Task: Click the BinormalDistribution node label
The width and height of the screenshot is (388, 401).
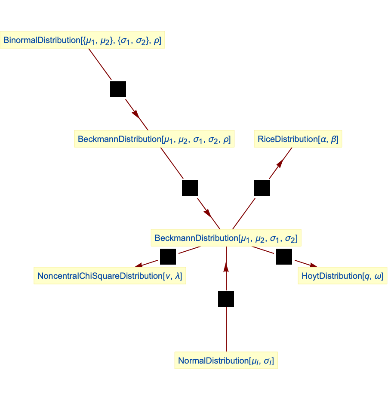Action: (82, 40)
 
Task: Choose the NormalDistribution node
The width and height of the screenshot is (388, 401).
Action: (226, 361)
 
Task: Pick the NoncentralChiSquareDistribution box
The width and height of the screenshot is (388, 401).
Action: (110, 276)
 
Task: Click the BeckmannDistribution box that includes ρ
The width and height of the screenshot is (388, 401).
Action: (154, 139)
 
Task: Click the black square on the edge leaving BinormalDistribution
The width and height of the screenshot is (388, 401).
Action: (118, 89)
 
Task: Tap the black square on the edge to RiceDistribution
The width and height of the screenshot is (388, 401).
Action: (262, 188)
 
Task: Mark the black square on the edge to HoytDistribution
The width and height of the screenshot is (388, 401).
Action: (284, 257)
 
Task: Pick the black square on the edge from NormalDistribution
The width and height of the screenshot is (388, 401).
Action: (226, 299)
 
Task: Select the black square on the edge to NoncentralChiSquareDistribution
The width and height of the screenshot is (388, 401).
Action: (168, 257)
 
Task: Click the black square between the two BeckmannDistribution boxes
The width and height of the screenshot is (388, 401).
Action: (190, 188)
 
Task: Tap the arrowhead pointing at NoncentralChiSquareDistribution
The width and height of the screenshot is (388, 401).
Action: (139, 265)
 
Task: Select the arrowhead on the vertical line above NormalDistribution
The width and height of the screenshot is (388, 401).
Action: (226, 267)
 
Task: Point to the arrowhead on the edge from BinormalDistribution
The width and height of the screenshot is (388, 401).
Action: (136, 114)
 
